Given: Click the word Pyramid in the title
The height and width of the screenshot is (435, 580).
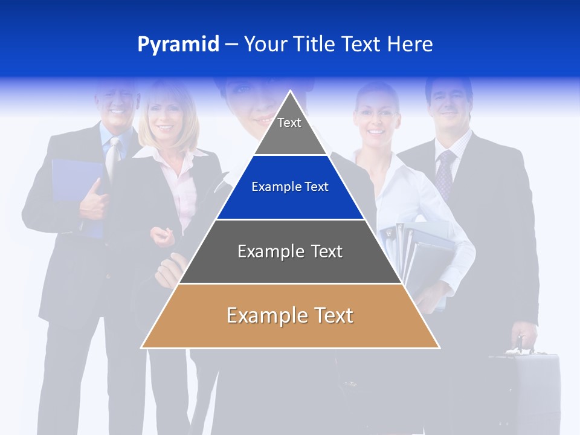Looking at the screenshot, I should [178, 45].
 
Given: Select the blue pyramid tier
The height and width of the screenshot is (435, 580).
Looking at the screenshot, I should [290, 187].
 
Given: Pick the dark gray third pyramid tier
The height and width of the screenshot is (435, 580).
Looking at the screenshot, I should [290, 251].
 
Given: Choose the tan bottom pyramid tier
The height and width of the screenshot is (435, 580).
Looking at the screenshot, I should [290, 316].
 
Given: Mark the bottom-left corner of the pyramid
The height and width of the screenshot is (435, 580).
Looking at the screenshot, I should [141, 348].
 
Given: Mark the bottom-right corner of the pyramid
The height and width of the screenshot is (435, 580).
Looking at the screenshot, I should [439, 348].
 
